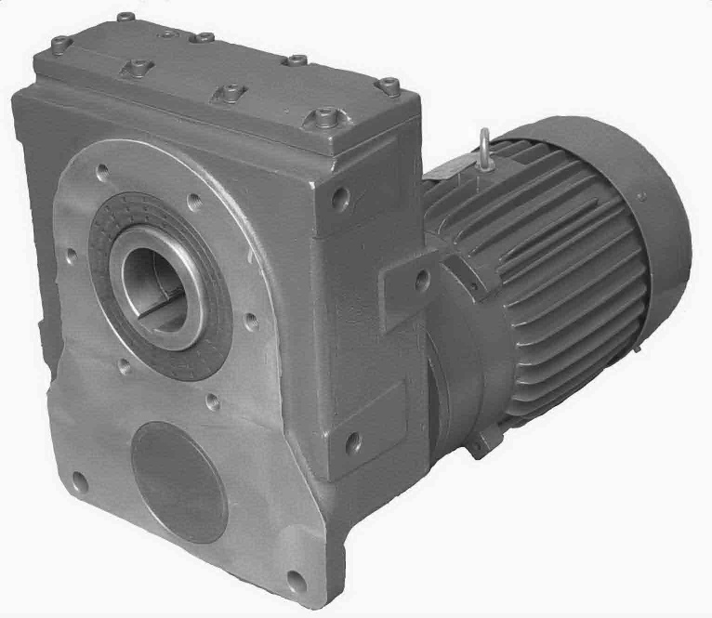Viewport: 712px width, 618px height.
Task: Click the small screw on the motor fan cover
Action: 641,194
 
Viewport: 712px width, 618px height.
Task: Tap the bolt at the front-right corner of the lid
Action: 324,118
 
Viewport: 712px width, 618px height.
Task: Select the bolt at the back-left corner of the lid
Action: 62,43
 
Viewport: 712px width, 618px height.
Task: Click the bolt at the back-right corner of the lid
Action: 389,86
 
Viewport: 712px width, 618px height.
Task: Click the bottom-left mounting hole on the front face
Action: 80,482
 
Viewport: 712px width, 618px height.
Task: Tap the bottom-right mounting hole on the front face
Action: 296,583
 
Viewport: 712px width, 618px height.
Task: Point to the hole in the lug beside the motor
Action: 421,278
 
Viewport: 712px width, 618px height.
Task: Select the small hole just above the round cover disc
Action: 212,401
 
